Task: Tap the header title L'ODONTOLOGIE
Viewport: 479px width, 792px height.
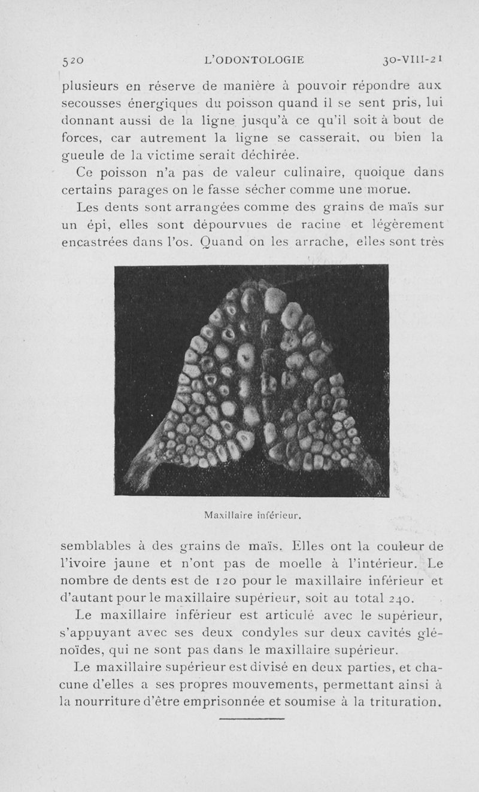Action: click(x=254, y=60)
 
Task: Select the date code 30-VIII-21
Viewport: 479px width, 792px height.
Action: click(x=413, y=60)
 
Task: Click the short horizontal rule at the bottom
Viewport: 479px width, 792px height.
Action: click(x=255, y=718)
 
